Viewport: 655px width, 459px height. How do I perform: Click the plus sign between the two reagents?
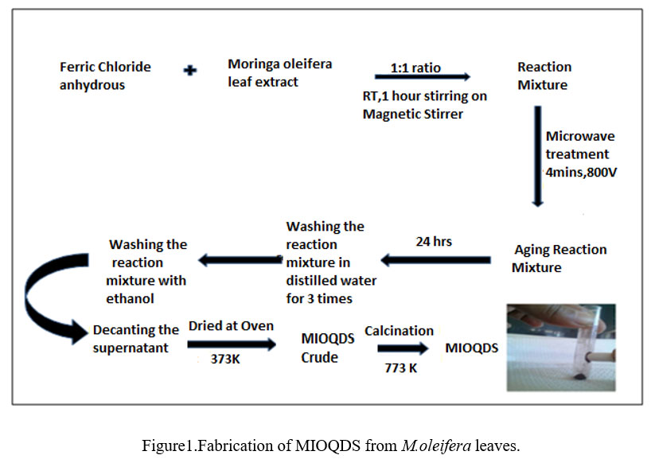pyautogui.click(x=190, y=70)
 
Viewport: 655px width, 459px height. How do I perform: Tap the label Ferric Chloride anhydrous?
pyautogui.click(x=105, y=76)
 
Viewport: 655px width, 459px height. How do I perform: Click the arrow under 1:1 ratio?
pyautogui.click(x=422, y=77)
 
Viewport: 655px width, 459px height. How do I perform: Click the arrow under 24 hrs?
pyautogui.click(x=435, y=259)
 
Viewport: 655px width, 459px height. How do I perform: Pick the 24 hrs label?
pyautogui.click(x=433, y=241)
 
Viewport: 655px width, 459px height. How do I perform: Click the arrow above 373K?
pyautogui.click(x=231, y=344)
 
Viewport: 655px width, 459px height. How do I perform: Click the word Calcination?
pyautogui.click(x=399, y=330)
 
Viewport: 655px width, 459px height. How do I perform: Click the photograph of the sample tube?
pyautogui.click(x=560, y=347)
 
